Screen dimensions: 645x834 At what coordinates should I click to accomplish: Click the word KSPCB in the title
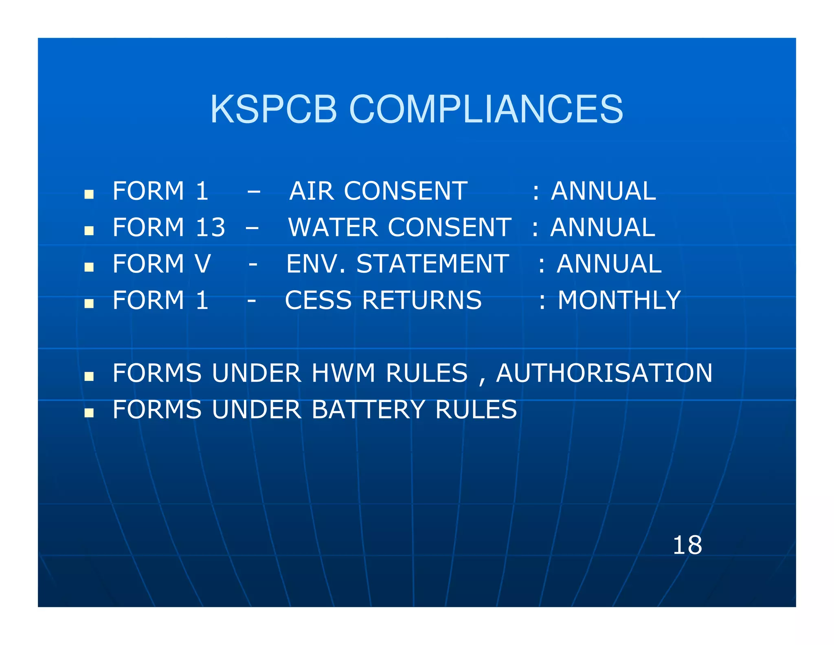tap(273, 109)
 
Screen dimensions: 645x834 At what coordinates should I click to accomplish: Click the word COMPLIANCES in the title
tap(486, 109)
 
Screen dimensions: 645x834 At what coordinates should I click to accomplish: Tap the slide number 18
tap(687, 545)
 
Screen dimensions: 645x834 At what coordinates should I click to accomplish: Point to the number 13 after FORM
tap(210, 227)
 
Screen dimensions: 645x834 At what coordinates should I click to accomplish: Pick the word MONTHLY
tap(619, 300)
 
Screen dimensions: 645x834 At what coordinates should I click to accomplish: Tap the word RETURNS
tap(422, 300)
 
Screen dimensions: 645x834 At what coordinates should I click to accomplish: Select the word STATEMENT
tap(432, 263)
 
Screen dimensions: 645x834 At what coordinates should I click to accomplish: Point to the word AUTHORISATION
tap(604, 373)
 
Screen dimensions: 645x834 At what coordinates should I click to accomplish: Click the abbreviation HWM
tap(343, 373)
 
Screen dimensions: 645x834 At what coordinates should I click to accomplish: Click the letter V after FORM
tap(203, 263)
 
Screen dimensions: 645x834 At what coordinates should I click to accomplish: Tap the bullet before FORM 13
tap(89, 231)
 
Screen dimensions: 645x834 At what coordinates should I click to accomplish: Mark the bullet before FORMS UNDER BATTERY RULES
tap(89, 413)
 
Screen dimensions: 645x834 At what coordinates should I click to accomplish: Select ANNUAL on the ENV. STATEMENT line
tap(609, 263)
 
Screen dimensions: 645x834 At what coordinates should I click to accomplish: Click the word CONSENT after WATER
tap(449, 227)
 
